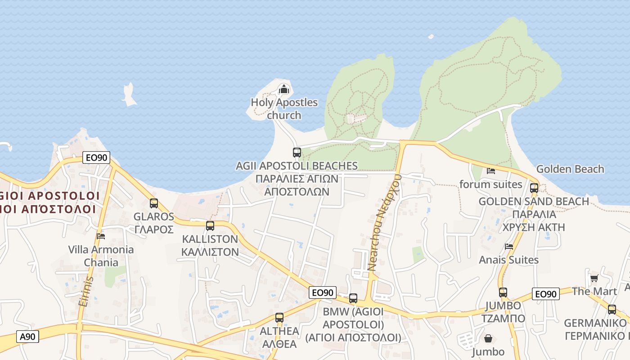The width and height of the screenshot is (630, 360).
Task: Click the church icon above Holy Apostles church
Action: coord(283,89)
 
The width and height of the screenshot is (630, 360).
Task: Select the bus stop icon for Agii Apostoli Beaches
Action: coord(297,153)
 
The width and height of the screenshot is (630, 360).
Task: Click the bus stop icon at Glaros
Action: coord(154,203)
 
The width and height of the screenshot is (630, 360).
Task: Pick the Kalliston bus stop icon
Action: coord(210,226)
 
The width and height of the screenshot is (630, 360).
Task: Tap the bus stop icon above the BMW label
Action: coord(353,298)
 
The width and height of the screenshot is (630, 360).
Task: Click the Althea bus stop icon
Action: coord(279,318)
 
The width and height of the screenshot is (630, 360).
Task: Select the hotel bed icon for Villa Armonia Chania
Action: coord(101,236)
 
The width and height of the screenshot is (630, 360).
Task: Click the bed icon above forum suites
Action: coord(491,171)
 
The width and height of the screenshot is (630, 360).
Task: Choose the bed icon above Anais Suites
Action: coord(509,246)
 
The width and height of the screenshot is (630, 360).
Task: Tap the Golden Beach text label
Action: coord(570,169)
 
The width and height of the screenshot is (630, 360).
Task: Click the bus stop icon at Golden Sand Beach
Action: coord(534,188)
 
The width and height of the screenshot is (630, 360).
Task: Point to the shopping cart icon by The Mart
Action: coord(594,278)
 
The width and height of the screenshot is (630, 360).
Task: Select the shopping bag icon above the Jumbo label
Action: coord(488,338)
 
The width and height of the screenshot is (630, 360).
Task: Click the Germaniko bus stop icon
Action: coord(612,310)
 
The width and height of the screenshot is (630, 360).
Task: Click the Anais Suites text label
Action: coord(508,260)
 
